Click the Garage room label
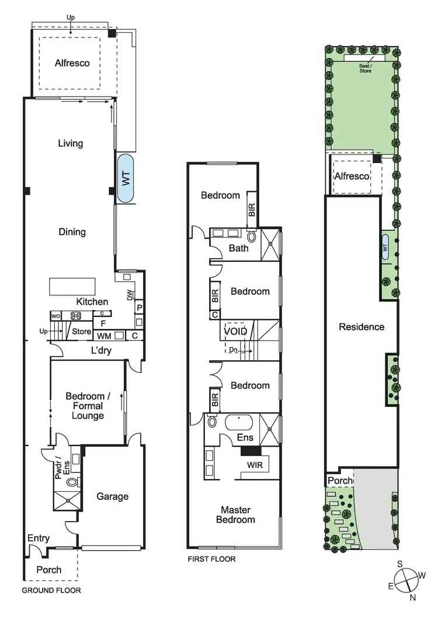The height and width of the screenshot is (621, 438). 112,496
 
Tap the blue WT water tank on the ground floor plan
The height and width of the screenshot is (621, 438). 126,178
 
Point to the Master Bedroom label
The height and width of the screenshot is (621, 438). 235,514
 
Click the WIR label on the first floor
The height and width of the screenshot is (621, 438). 255,465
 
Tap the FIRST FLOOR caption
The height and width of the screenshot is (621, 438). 211,559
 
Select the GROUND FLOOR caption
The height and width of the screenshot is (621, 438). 51,590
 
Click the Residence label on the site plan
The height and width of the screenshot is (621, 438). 361,327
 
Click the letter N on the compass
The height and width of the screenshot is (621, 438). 413,597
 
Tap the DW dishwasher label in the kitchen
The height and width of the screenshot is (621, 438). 130,296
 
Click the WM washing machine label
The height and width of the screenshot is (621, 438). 104,336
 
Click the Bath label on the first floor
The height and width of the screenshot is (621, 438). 238,248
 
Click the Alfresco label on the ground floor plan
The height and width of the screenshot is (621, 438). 72,63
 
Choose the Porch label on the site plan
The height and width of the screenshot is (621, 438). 340,481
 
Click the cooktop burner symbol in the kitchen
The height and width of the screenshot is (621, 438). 76,316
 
